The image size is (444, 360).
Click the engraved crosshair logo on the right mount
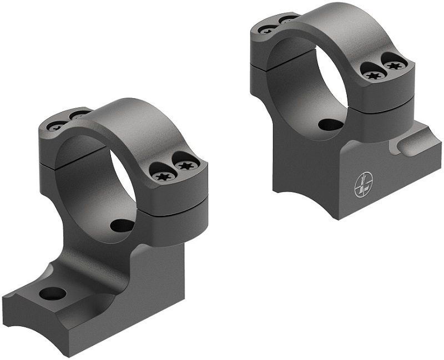click(x=361, y=187)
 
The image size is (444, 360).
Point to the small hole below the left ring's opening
click(x=122, y=225)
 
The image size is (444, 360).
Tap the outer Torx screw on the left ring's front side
click(x=183, y=165)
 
